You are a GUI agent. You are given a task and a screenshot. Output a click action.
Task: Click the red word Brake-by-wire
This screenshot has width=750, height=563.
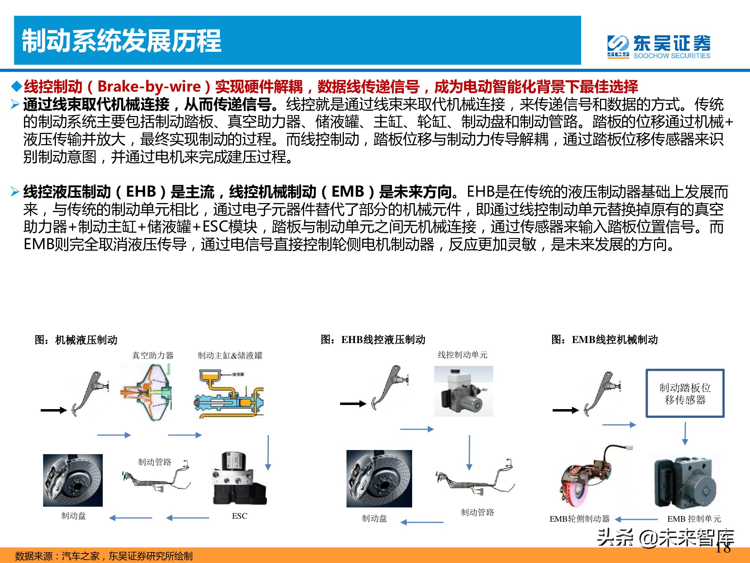tap(149, 87)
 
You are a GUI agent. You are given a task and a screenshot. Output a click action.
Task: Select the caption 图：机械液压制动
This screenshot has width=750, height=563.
tap(76, 340)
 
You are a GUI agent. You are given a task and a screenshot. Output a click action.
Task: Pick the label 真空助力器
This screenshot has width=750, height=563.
tap(153, 355)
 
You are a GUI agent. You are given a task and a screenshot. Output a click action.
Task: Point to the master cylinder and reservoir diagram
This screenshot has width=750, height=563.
tap(229, 394)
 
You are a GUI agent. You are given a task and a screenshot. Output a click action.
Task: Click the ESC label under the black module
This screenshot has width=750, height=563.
tap(240, 516)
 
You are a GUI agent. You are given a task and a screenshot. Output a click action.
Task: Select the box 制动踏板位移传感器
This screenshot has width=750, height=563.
tap(685, 393)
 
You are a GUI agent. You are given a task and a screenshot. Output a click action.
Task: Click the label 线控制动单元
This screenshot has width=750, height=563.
tap(462, 355)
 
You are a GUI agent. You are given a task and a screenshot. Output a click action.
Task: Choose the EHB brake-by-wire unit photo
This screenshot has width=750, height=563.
tap(463, 391)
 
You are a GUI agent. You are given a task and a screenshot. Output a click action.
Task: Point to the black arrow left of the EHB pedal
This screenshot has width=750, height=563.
tap(353, 404)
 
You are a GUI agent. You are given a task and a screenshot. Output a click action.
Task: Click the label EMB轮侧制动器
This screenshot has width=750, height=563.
tap(579, 519)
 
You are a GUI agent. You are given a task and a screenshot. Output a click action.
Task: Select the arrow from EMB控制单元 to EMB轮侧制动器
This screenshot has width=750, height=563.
tap(636, 519)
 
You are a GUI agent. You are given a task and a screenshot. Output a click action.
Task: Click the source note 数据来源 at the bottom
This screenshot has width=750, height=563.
tap(103, 556)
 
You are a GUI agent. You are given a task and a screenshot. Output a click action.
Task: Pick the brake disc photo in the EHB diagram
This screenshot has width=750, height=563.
tap(379, 479)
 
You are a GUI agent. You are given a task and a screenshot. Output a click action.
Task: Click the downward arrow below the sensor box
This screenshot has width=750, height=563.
tap(685, 434)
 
